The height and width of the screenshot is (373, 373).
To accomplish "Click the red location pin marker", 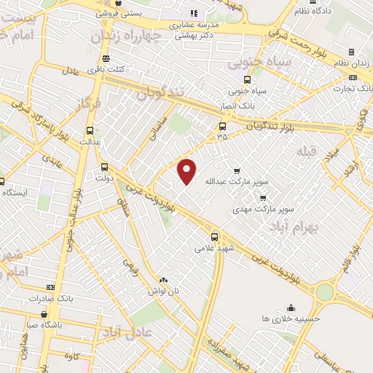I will tap(188, 170).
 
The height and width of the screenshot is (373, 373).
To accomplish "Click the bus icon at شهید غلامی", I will tap(215, 236).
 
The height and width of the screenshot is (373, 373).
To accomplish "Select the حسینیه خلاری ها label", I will tap(291, 318).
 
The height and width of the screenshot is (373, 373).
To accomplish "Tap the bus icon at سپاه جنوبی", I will tap(248, 79).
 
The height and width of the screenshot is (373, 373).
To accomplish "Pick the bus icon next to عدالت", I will tap(90, 131).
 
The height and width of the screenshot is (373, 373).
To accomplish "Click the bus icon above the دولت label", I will tap(104, 166).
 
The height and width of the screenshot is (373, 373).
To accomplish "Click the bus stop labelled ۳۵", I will tap(222, 125).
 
